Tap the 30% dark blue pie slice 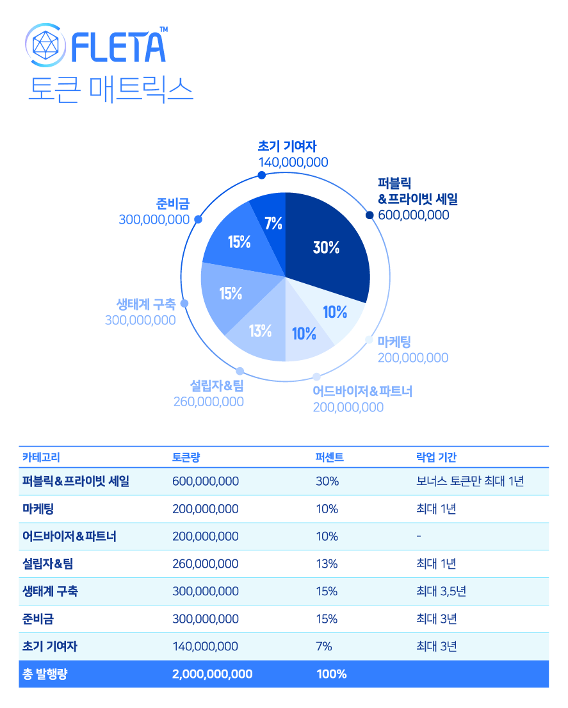coord(327,247)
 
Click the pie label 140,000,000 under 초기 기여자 coord(293,163)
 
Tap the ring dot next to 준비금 coord(198,220)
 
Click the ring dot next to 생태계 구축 coord(184,304)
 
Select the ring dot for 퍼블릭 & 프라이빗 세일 coord(369,215)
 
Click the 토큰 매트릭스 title coord(110,89)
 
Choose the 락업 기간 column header coord(436,457)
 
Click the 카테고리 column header coord(42,457)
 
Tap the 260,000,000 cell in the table coord(206,564)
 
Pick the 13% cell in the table coord(327,564)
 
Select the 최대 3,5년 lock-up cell coord(441,591)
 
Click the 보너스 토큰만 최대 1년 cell coord(469,481)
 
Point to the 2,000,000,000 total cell coord(212,674)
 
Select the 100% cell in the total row coord(331,674)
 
